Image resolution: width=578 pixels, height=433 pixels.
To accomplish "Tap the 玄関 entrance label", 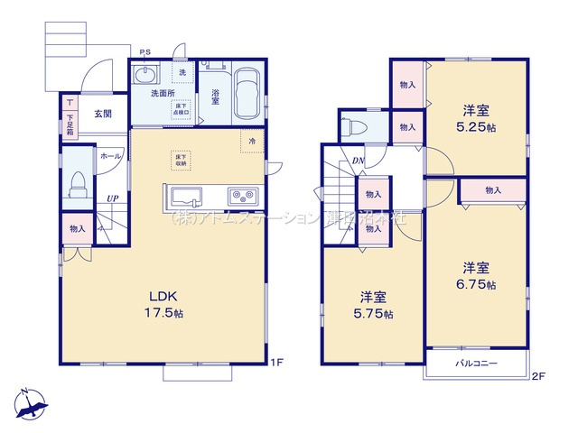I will coord(101,115).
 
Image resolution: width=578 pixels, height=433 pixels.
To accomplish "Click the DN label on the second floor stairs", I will coord(358,161).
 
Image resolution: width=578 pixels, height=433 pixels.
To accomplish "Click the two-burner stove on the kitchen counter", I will coord(242,195).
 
